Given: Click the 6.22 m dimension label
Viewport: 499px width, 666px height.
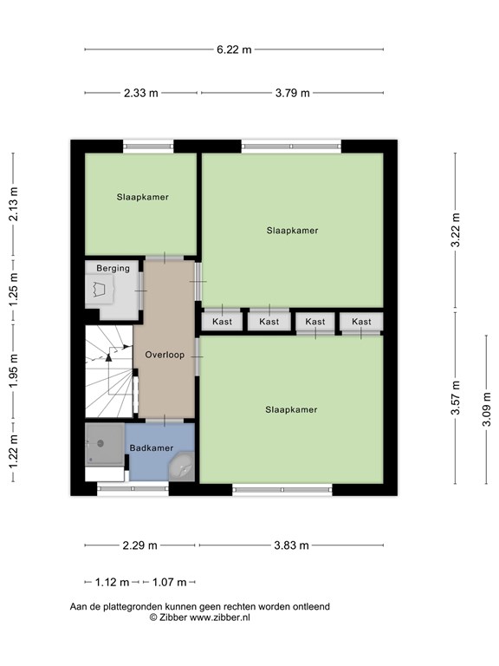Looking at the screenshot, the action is [x=234, y=49].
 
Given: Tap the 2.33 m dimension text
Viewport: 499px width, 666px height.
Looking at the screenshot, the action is [x=141, y=93].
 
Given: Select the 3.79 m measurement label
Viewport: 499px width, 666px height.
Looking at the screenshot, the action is [x=292, y=93].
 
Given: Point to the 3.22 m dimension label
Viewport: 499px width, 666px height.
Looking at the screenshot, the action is [x=456, y=230].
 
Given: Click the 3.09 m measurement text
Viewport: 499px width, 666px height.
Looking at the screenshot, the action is [x=486, y=409].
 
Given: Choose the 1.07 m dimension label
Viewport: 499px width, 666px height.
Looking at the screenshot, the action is [x=169, y=582].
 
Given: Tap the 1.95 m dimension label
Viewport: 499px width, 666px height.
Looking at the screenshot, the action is [x=14, y=370].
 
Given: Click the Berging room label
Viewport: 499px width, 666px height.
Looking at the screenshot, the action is [x=113, y=269].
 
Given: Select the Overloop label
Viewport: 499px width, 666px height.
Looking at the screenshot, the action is [x=165, y=355].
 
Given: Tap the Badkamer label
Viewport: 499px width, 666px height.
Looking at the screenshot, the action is [x=152, y=448].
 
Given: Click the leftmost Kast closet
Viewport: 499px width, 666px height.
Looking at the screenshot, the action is [x=222, y=322].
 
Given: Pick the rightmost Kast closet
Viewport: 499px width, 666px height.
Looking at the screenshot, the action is [x=361, y=322].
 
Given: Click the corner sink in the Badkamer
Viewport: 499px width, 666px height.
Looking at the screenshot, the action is [x=183, y=467].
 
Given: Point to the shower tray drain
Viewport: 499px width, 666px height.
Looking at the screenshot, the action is [x=100, y=443].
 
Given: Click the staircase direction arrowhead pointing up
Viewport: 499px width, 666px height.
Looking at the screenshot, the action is [x=108, y=357].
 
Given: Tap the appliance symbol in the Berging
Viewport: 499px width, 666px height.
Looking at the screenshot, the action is [x=100, y=290].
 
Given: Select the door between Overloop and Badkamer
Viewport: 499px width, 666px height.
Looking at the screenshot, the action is [x=165, y=421].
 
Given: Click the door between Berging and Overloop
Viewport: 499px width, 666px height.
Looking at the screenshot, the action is [x=141, y=291].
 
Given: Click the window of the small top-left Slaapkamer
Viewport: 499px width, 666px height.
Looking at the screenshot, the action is [x=148, y=147].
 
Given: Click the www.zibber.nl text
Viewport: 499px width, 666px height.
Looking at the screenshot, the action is [x=219, y=617].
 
